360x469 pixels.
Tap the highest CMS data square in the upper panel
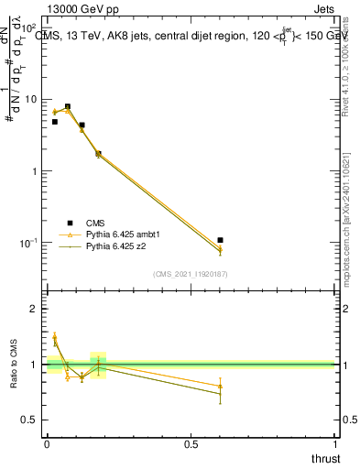[68, 106]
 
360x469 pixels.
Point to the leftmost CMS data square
[54, 122]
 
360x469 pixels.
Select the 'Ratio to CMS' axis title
[14, 364]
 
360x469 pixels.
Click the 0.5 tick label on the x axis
[191, 444]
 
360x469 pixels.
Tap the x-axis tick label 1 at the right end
[335, 444]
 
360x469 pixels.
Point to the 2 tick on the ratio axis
[35, 309]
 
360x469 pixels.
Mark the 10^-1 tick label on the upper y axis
[29, 243]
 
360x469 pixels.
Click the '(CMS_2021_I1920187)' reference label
[191, 274]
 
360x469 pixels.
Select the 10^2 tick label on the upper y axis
[29, 28]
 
